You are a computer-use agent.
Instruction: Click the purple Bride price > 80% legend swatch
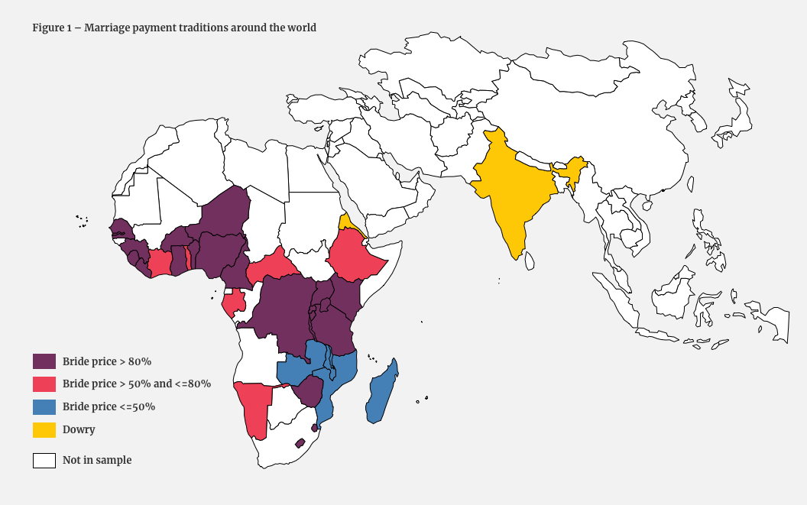coord(44,361)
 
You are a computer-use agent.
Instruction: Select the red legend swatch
coord(44,384)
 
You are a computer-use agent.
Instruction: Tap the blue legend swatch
coord(44,406)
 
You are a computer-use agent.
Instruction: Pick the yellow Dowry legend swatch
coord(44,429)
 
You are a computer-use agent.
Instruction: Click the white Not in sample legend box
coord(44,460)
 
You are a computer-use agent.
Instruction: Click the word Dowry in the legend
coord(79,429)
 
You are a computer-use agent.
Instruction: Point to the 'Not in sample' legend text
coord(97,460)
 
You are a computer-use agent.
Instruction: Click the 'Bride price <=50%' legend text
coord(109,406)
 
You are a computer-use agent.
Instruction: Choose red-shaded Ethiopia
coord(356,256)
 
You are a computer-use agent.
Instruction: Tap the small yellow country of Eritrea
coord(348,223)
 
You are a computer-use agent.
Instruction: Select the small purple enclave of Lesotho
coord(300,443)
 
